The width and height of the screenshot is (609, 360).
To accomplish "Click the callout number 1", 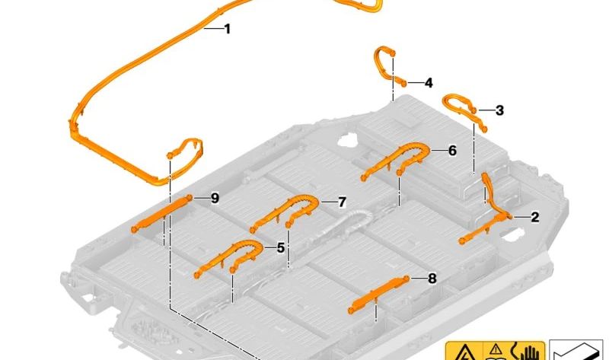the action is (x=228, y=29).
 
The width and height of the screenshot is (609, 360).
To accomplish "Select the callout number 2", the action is (x=535, y=217).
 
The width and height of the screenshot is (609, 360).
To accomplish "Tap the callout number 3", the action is (x=499, y=110).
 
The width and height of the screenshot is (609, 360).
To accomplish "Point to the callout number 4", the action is (x=429, y=83).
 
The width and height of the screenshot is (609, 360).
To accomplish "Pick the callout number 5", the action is (x=280, y=248).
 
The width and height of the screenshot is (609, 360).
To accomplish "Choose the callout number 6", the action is (x=452, y=150).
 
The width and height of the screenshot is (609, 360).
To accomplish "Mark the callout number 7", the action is (x=342, y=202).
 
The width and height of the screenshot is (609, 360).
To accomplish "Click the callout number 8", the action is (x=432, y=278).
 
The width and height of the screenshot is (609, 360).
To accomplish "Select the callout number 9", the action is (x=215, y=199).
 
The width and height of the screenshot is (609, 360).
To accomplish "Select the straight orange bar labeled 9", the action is (x=161, y=214).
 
